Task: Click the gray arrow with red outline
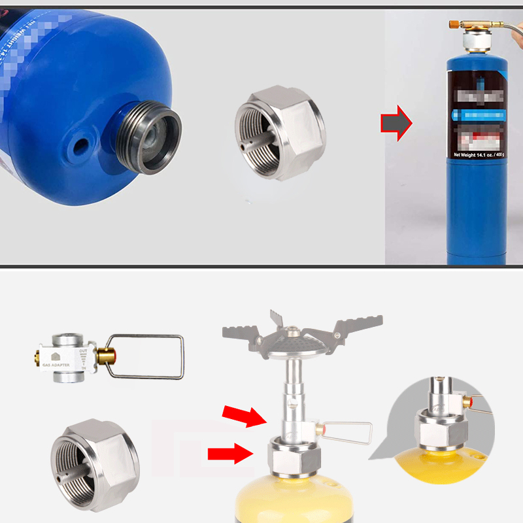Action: click(396, 122)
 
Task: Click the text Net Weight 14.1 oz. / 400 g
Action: click(481, 155)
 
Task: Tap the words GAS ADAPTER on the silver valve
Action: click(59, 365)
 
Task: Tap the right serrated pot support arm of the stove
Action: click(352, 331)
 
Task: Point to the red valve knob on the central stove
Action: click(320, 430)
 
